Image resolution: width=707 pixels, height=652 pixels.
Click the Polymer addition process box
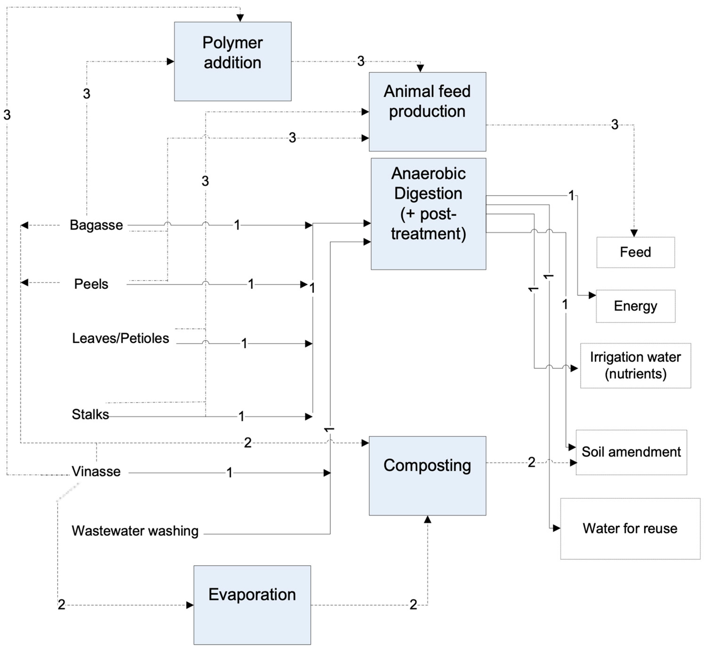tap(232, 61)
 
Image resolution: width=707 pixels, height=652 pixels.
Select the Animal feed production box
tap(427, 112)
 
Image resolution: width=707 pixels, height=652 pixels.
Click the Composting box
tap(427, 476)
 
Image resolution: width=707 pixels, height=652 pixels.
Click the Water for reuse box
tap(630, 528)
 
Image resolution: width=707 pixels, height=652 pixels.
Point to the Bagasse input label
tap(96, 225)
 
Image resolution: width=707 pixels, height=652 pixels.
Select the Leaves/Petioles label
tap(121, 338)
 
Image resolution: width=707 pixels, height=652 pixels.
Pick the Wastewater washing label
tap(135, 531)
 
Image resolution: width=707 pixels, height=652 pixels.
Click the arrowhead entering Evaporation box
tap(190, 605)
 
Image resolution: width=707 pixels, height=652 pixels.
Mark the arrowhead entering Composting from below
tap(427, 519)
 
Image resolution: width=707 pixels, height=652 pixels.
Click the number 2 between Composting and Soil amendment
tap(531, 462)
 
